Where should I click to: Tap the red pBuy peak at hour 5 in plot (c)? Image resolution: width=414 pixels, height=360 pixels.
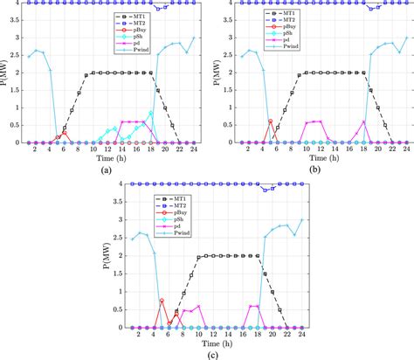tap(162, 301)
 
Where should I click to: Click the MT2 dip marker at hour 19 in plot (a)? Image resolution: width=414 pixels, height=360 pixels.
tap(158, 8)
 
